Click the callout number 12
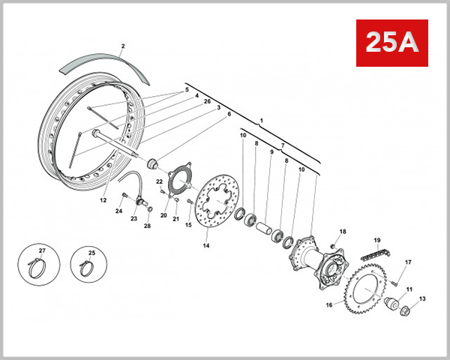tap(103, 199)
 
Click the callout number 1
tap(262, 121)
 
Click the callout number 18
tap(342, 232)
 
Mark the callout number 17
tap(409, 262)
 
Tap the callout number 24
tap(118, 211)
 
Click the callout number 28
tap(147, 226)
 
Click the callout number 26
tap(207, 101)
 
